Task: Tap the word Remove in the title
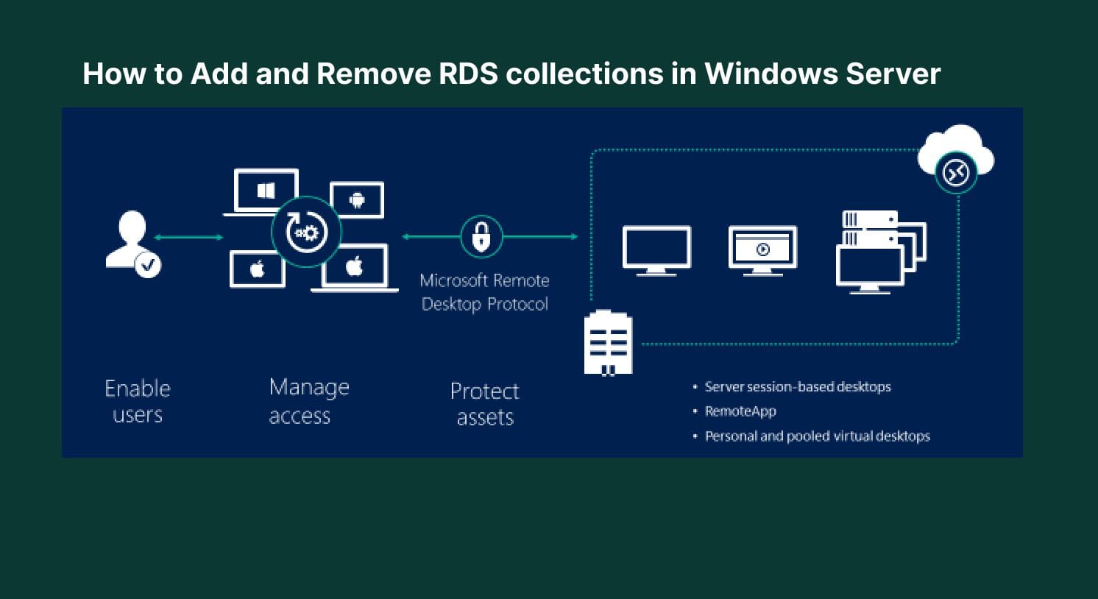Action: pos(373,74)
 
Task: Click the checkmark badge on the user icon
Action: pos(148,263)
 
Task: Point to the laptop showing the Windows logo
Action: pos(266,191)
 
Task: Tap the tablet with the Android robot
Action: pos(357,199)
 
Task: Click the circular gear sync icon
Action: pos(306,233)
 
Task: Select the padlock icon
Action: pos(481,236)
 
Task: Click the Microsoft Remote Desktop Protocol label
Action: pos(484,292)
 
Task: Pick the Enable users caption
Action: pos(138,401)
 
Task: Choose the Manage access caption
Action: pos(308,401)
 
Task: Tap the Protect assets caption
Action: pos(484,404)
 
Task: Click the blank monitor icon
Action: pos(656,249)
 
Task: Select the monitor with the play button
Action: pos(762,249)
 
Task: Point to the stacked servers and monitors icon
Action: pos(880,252)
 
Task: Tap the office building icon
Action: pos(608,342)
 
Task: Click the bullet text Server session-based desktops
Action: pos(797,387)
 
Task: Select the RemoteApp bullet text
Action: pos(740,411)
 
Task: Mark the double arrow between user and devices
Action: pos(188,237)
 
